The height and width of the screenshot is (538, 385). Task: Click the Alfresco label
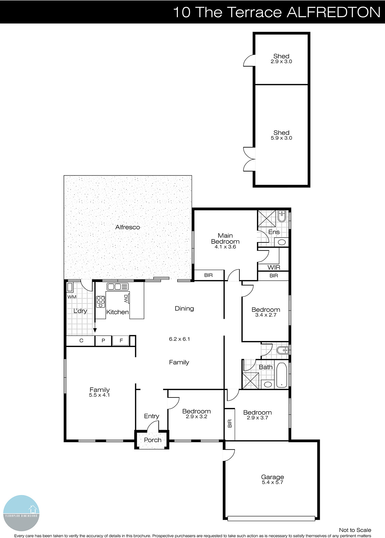click(x=127, y=227)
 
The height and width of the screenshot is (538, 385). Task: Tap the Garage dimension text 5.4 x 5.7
click(x=272, y=483)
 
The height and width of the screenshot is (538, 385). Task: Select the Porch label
click(x=152, y=440)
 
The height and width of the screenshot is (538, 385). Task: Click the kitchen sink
click(x=118, y=287)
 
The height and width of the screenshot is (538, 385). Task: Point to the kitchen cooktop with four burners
click(x=101, y=302)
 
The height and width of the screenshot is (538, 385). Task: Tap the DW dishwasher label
click(x=126, y=298)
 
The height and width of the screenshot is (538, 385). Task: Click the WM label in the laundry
click(x=72, y=297)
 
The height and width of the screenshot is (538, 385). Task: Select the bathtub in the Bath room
click(x=281, y=375)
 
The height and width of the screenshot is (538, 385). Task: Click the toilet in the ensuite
click(x=282, y=216)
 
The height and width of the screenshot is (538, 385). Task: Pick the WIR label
click(x=274, y=268)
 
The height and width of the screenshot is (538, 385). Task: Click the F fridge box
click(x=121, y=341)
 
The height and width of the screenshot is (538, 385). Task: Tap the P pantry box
click(x=104, y=341)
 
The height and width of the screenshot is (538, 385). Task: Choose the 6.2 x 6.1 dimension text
click(x=179, y=339)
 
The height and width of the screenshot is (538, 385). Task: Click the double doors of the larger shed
click(x=249, y=158)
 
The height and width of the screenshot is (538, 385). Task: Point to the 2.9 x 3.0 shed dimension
click(x=281, y=62)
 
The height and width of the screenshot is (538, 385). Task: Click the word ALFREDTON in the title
click(x=333, y=12)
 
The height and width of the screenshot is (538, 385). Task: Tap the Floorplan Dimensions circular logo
click(x=21, y=513)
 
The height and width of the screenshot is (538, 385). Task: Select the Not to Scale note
click(x=355, y=530)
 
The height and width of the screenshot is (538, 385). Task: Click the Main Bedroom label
click(x=225, y=238)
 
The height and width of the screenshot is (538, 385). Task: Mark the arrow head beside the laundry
click(x=95, y=330)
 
